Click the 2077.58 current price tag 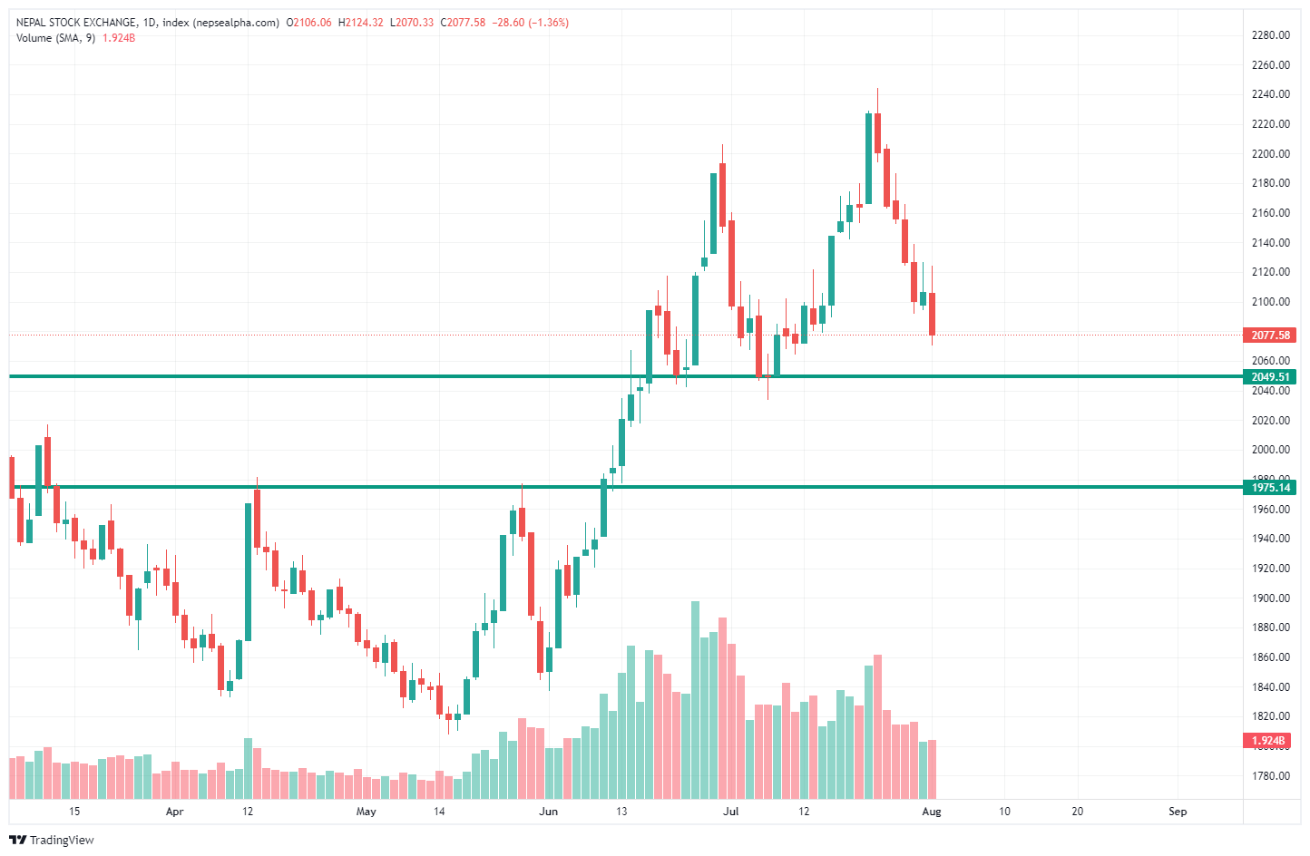click(x=1269, y=336)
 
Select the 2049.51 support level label click(x=1269, y=377)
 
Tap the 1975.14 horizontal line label click(x=1269, y=488)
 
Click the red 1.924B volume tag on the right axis click(x=1267, y=741)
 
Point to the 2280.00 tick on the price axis click(x=1270, y=35)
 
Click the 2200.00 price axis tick click(x=1270, y=154)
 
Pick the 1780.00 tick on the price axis click(x=1270, y=776)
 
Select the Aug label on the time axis click(x=932, y=812)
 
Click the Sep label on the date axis click(x=1178, y=812)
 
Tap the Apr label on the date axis click(x=174, y=812)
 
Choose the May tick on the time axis click(x=366, y=812)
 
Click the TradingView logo click(x=53, y=841)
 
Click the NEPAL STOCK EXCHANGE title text click(x=76, y=23)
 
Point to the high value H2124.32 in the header click(x=360, y=23)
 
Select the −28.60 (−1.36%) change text click(x=530, y=23)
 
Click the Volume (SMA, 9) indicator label click(x=55, y=38)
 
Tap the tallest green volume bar click(x=696, y=698)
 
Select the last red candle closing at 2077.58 click(x=932, y=314)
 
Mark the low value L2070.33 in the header click(x=412, y=23)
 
